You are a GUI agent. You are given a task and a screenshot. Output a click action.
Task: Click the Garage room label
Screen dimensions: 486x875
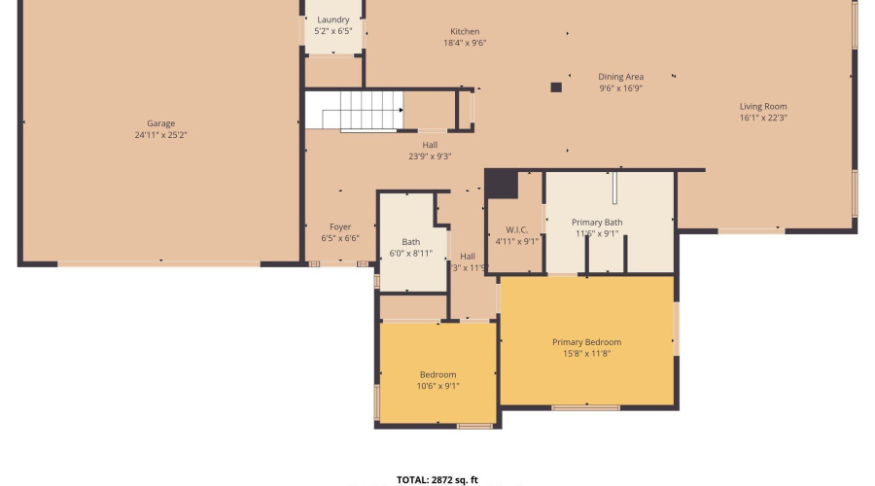161,123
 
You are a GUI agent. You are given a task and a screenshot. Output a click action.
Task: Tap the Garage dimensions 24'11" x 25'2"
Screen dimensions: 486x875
161,135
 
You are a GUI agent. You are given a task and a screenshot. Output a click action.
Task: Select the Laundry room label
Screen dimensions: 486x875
333,19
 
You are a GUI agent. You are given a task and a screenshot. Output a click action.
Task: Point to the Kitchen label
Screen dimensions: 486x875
465,32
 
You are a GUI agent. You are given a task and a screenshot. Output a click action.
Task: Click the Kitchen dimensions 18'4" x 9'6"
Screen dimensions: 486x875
465,43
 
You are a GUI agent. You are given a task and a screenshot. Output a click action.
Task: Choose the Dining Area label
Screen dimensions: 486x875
620,77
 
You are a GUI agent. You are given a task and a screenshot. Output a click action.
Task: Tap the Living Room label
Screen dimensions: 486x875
763,107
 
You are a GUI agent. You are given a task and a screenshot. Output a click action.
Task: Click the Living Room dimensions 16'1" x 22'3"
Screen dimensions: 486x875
763,118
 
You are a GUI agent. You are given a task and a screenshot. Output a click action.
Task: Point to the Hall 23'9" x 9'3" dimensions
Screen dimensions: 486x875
430,156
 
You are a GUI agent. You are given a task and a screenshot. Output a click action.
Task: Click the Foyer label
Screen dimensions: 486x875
340,226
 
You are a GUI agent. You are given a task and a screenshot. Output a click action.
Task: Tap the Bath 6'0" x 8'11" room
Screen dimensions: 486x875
411,247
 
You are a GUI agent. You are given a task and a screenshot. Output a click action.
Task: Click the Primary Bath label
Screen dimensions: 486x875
597,223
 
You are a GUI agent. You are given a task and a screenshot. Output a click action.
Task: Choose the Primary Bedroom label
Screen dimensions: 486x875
586,342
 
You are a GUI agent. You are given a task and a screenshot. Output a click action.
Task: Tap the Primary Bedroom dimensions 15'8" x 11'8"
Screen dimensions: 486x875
586,353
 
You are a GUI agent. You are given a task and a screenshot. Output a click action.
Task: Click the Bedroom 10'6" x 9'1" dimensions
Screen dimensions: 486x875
437,386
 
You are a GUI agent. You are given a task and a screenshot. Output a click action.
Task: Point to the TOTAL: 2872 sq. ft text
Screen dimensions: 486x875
437,479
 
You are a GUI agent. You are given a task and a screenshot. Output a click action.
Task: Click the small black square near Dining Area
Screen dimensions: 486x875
556,87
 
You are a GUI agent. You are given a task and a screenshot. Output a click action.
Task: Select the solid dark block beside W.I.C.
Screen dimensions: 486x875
502,183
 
